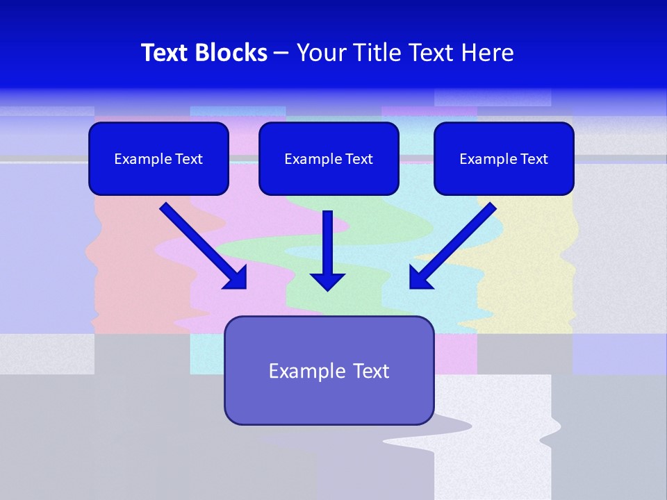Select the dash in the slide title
[x=281, y=53]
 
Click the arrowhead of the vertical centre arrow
[x=327, y=282]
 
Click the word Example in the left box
[x=138, y=159]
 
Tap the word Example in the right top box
[x=483, y=159]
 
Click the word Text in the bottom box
[x=371, y=371]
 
